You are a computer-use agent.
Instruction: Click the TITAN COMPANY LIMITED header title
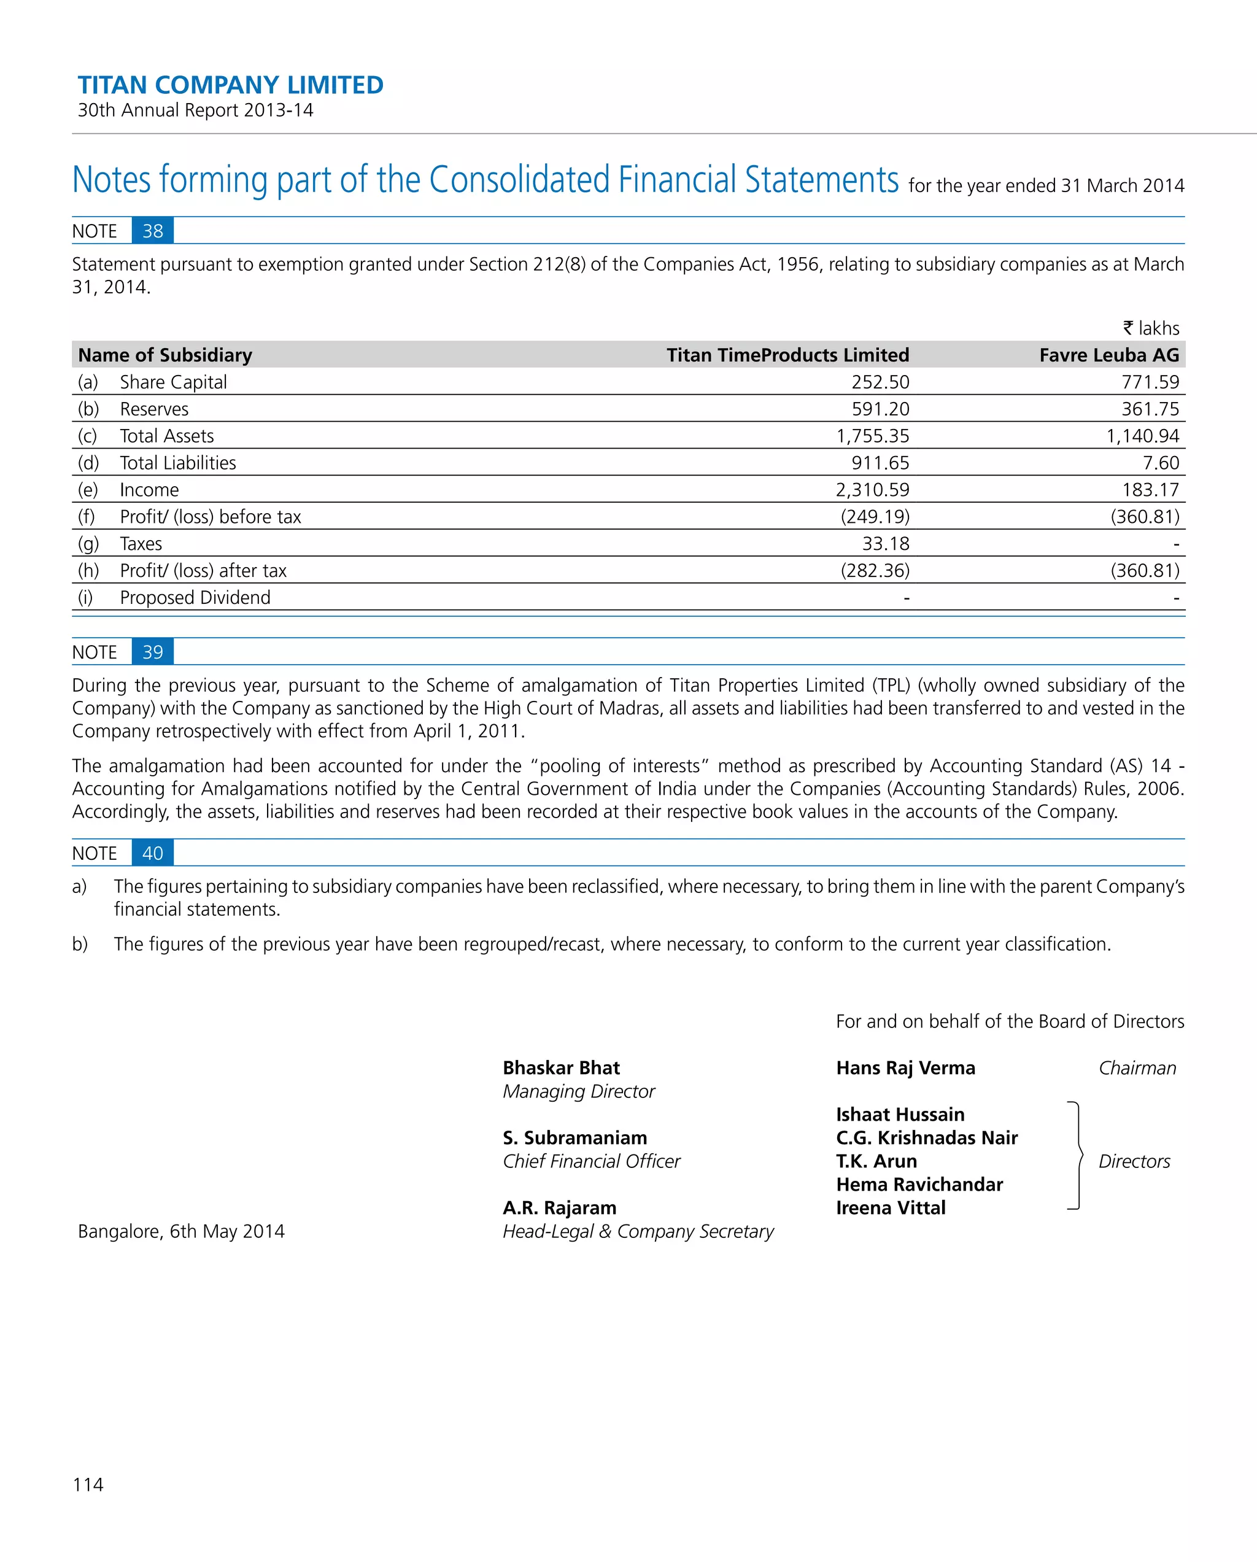[230, 85]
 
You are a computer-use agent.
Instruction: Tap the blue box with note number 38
[153, 231]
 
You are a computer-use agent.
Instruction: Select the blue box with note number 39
[153, 652]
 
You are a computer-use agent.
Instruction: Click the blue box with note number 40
[153, 854]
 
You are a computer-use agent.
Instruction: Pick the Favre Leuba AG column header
[1108, 355]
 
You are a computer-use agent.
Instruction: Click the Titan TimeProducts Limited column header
[787, 355]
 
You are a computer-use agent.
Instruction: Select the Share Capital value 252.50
[880, 382]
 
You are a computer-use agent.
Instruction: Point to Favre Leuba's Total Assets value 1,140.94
[1142, 436]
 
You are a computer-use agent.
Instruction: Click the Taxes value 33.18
[884, 543]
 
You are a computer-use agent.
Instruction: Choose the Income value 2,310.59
[872, 490]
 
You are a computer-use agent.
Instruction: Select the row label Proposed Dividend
[195, 598]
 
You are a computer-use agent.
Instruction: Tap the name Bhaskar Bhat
[561, 1068]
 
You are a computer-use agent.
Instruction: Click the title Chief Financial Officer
[591, 1161]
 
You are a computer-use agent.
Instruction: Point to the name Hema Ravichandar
[919, 1185]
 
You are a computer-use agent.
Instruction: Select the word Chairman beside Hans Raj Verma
[1137, 1068]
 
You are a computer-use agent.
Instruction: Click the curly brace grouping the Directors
[1077, 1156]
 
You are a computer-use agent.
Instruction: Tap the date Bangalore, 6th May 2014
[181, 1232]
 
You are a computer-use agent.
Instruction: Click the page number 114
[88, 1485]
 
